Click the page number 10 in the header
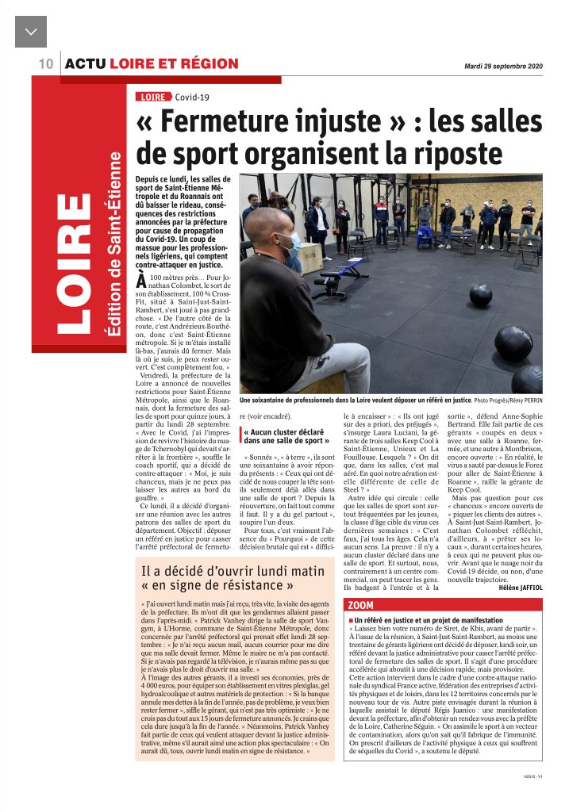44,63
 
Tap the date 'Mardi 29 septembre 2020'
503,66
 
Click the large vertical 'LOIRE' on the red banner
75,262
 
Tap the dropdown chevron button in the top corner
31,31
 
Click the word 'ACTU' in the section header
86,64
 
